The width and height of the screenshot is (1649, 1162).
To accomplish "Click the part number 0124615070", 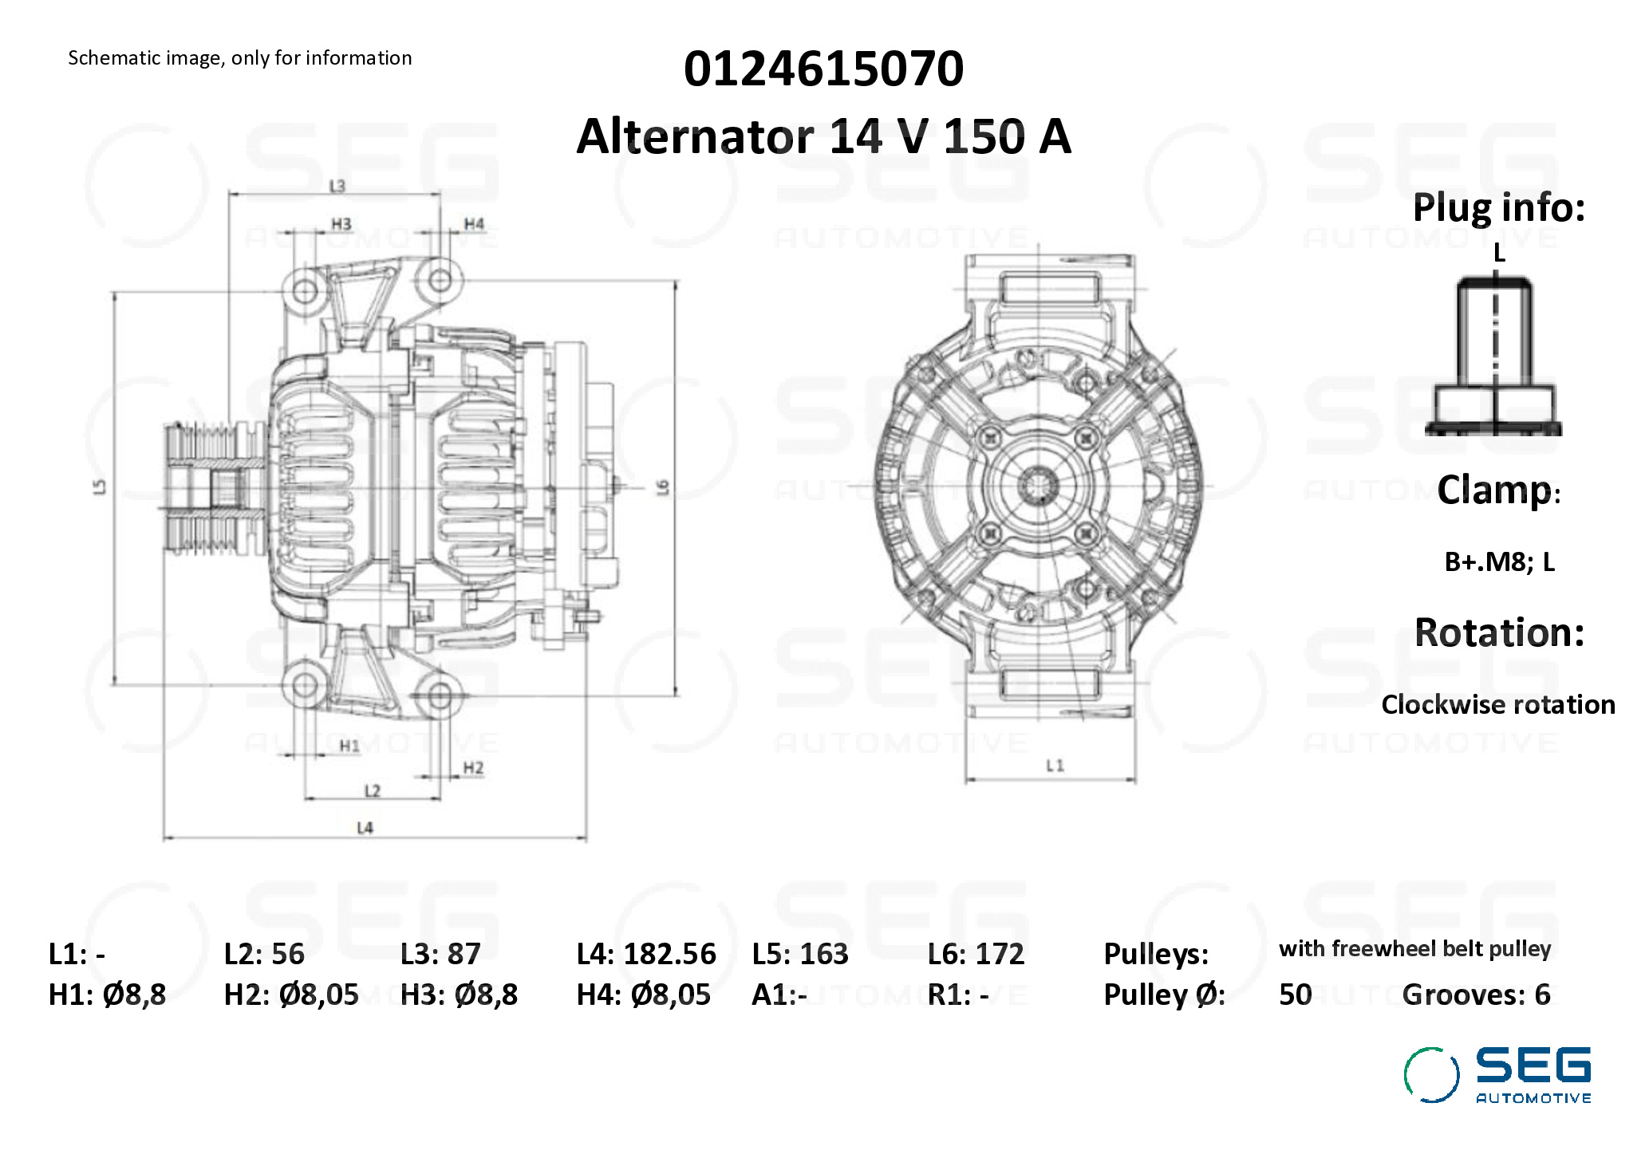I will click(823, 69).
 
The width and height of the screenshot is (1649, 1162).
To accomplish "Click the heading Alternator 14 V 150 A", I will click(823, 136).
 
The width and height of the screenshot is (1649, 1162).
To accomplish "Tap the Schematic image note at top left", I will click(239, 58).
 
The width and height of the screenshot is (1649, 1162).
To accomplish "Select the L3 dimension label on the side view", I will click(337, 186).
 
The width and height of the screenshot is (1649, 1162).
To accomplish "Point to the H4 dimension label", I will click(474, 224).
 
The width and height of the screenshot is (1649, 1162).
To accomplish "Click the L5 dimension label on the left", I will click(100, 486).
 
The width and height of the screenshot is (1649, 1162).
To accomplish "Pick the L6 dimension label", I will click(662, 486).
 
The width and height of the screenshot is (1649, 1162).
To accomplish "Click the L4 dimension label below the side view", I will click(365, 828).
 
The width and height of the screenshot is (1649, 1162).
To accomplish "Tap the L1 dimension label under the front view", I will click(1055, 766).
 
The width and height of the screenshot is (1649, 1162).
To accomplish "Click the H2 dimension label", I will click(473, 768).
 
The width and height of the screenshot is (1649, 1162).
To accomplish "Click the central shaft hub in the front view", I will click(1038, 485).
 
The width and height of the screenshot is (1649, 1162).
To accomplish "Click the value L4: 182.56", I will click(646, 954).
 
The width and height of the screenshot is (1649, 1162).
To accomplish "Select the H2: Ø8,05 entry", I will click(291, 995).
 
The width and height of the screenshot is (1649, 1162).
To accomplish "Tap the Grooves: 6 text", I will click(1476, 995).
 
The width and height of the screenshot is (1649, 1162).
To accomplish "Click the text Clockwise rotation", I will click(1497, 705).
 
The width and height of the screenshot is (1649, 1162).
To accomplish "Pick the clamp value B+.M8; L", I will click(1499, 562).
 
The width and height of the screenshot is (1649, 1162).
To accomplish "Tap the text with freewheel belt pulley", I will click(1414, 949).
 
